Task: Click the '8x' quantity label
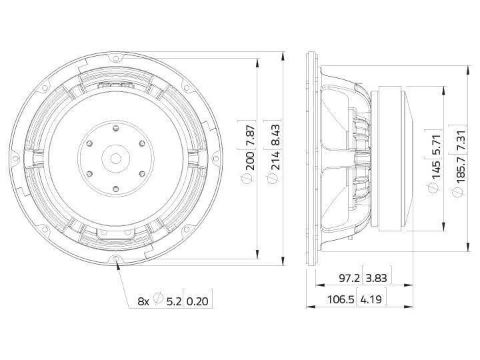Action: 143,301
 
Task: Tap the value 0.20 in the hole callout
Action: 198,301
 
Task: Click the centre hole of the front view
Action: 115,159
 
